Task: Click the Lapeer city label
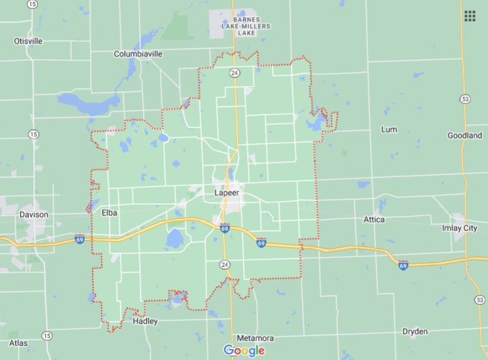tap(227, 193)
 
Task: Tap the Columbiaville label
tap(138, 54)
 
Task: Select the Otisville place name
tap(28, 41)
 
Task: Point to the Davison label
tap(33, 215)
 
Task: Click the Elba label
tap(110, 213)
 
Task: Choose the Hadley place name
tap(145, 321)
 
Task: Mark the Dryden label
tap(415, 331)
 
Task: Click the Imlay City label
tap(459, 228)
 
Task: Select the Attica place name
tap(374, 219)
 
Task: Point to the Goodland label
tap(464, 135)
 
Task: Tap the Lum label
tap(389, 130)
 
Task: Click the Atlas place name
tap(18, 343)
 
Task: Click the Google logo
tap(244, 350)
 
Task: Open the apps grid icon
tap(470, 16)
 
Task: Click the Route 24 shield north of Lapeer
tap(234, 73)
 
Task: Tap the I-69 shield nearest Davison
tap(80, 239)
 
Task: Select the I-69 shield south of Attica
tap(403, 265)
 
